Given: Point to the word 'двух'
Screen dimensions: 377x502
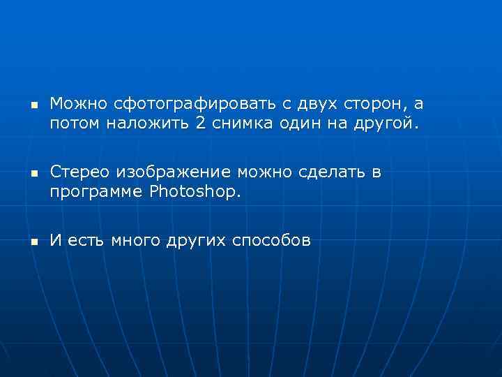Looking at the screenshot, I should pyautogui.click(x=317, y=105).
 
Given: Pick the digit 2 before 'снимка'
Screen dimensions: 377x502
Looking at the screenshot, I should pyautogui.click(x=200, y=124).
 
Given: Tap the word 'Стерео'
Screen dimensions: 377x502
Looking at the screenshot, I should pyautogui.click(x=79, y=172).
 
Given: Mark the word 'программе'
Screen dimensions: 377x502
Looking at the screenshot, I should pyautogui.click(x=96, y=191).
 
